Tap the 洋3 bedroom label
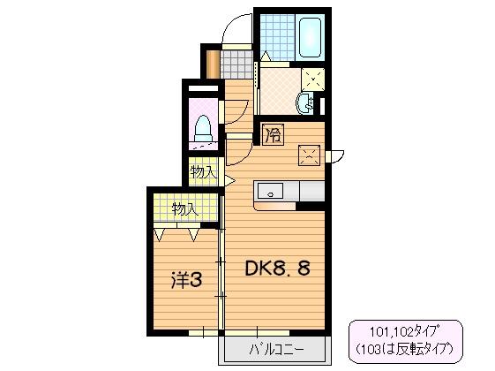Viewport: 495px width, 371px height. (x=186, y=281)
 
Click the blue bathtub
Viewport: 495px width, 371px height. (x=310, y=36)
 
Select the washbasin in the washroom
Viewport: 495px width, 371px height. (x=310, y=102)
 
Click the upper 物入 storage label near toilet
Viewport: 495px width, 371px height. (x=204, y=171)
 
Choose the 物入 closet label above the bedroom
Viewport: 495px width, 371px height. (x=184, y=209)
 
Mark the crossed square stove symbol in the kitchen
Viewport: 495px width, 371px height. (x=310, y=157)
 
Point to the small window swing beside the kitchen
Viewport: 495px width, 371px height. (x=335, y=158)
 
